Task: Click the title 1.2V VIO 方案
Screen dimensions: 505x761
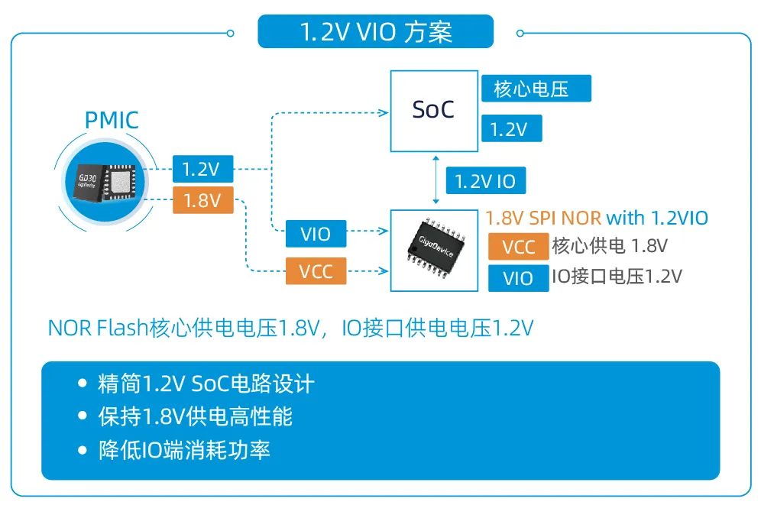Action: coord(375,32)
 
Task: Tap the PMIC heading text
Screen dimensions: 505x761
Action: coord(112,121)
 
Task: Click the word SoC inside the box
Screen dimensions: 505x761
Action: coord(432,110)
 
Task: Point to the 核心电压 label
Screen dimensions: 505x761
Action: coord(535,89)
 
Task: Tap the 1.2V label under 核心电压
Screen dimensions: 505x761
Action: coord(510,129)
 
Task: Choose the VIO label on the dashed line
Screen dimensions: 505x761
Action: coord(316,235)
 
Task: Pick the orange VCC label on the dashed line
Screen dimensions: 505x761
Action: coord(316,271)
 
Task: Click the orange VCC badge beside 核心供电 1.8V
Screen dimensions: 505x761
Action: coord(518,248)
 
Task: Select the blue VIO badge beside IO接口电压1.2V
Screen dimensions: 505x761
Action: coord(518,278)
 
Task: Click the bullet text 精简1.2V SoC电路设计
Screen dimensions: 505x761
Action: coord(206,384)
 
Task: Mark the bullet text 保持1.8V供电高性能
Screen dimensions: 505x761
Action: coord(195,417)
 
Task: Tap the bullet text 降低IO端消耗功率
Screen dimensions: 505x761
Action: coord(184,450)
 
